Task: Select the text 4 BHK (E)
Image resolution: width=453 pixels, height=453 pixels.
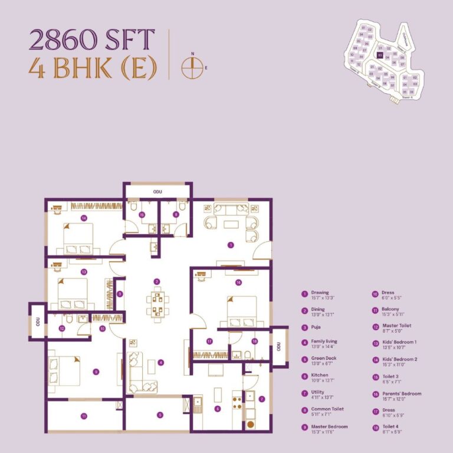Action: (x=93, y=69)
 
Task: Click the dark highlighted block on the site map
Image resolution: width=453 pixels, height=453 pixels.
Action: (x=380, y=55)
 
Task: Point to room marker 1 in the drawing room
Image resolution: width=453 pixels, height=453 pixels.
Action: (x=231, y=245)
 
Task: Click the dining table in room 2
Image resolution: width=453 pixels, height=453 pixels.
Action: (x=157, y=303)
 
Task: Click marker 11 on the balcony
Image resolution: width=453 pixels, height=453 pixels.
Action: (x=84, y=416)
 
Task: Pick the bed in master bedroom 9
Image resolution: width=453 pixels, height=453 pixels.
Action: (x=66, y=370)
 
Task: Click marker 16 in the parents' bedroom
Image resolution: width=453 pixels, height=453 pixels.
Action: (x=238, y=283)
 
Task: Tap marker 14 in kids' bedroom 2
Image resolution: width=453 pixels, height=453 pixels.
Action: (x=84, y=218)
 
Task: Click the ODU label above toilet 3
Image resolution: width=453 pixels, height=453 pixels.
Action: (x=157, y=192)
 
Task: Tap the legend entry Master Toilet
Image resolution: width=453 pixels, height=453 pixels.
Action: (x=396, y=326)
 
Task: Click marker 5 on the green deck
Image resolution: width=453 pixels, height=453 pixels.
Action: (x=159, y=415)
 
